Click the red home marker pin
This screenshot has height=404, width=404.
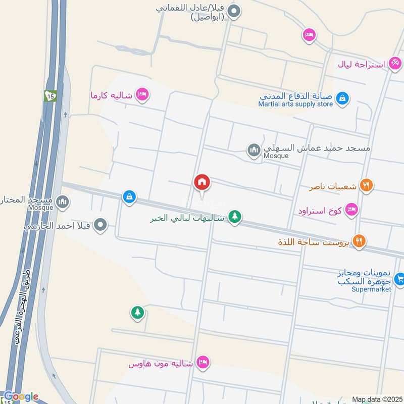coord(202,182)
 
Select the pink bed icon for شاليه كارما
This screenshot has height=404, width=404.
coord(143,94)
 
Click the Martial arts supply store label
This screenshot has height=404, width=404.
coord(295,104)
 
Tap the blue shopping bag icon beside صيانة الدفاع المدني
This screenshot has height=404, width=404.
coord(342,98)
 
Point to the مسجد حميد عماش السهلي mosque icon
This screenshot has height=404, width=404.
coord(254,150)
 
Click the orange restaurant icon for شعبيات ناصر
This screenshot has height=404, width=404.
coord(366,186)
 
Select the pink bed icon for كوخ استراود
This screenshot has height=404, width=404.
coord(351,210)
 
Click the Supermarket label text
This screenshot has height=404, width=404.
coord(372,289)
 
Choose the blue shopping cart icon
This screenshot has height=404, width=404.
coord(399,278)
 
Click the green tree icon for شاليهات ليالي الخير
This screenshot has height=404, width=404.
coord(234,217)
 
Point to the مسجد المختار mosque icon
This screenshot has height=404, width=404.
coord(62,202)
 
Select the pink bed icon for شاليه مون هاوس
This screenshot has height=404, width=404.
coord(203,362)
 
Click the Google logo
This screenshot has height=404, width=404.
coord(21,397)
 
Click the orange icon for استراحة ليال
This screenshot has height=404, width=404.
coord(395,64)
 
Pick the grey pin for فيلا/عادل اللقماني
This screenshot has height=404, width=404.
coord(234,11)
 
